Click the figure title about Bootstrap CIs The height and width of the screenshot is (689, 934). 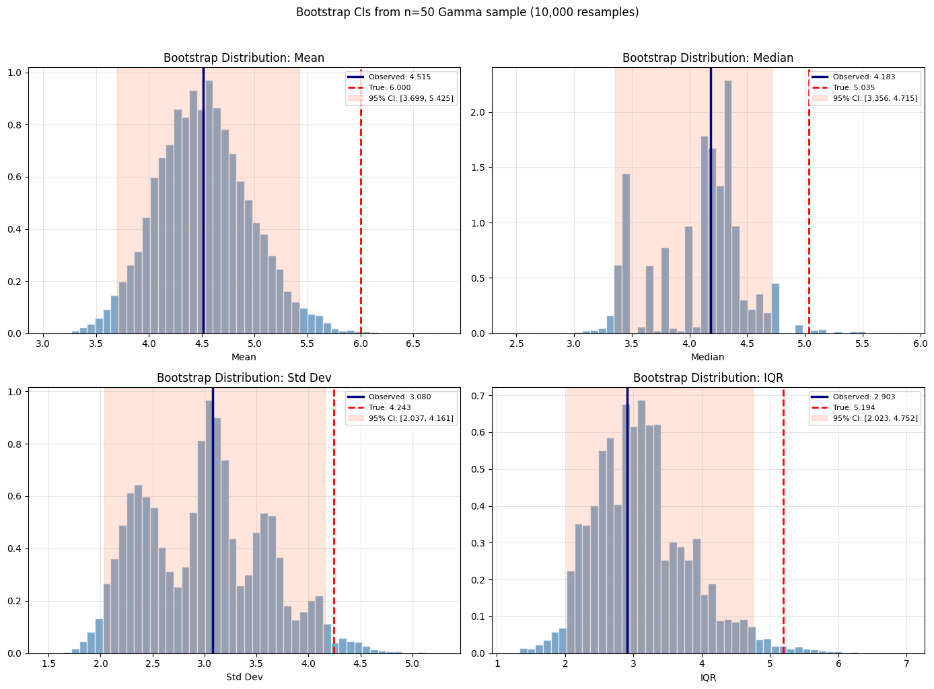point(467,12)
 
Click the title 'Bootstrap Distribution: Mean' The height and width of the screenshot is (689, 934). point(244,58)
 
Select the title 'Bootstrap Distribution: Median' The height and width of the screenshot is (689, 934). point(707,58)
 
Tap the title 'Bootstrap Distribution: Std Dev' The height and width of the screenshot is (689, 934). point(244,378)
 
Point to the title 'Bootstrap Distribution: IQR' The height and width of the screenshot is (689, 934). point(708,378)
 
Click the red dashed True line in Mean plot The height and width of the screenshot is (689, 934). point(361,202)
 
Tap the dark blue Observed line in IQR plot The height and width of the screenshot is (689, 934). point(627,524)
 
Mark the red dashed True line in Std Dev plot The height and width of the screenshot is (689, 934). point(334,524)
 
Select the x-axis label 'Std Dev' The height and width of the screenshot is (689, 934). point(244,677)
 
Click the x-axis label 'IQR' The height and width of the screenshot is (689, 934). point(708,677)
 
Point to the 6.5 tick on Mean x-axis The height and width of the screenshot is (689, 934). point(413,343)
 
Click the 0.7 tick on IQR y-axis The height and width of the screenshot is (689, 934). point(478,396)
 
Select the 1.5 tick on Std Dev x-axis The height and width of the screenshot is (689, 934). point(48,663)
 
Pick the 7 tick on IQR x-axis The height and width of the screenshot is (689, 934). point(906,663)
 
